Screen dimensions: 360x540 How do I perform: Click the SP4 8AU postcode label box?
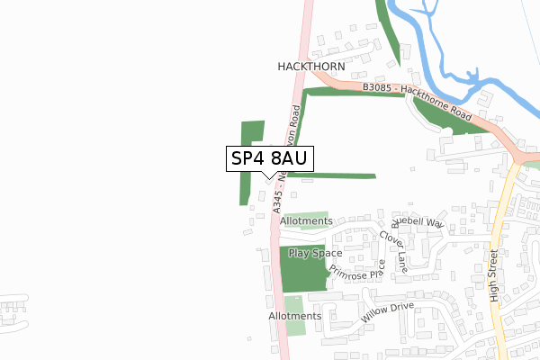click(269, 158)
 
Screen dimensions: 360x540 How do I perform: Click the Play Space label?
click(315, 254)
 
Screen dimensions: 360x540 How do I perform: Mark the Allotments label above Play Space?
click(307, 220)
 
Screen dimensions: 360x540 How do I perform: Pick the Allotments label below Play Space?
click(294, 316)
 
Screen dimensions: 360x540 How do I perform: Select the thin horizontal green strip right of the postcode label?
click(342, 175)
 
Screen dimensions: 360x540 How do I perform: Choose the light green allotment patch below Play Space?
click(295, 304)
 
